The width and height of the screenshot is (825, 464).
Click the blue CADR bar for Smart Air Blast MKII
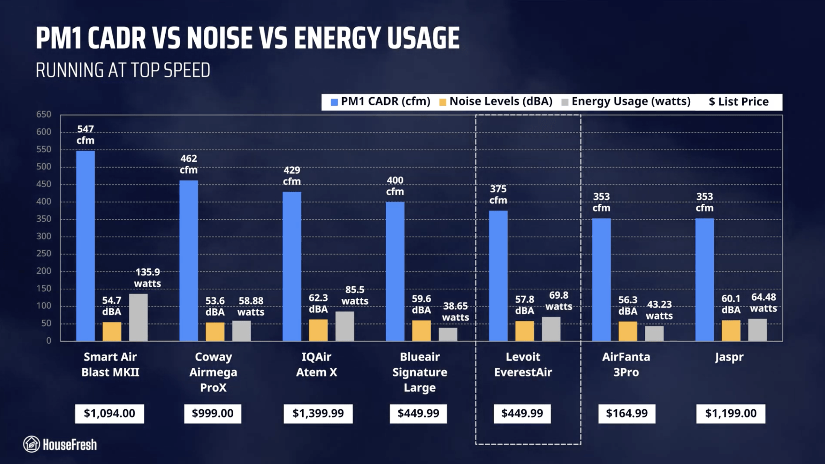85,246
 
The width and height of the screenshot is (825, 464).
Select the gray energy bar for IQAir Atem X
345,326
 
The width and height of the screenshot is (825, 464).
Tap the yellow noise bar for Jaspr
731,331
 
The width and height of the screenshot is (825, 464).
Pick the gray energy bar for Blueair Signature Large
448,334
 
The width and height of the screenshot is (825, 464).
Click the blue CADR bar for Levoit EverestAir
498,276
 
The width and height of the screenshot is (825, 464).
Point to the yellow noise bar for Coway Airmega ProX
215,332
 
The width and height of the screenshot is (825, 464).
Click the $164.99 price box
627,413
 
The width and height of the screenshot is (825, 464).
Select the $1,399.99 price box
318,413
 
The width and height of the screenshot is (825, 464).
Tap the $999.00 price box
213,413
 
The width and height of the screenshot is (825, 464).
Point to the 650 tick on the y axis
44,114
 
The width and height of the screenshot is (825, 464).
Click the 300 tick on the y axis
44,236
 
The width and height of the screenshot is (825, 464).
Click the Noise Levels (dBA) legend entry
496,101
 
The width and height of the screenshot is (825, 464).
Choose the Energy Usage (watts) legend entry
626,101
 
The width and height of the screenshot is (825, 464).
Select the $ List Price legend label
739,102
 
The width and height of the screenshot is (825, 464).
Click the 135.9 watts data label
148,278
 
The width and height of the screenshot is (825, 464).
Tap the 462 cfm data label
189,164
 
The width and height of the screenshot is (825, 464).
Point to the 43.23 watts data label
659,310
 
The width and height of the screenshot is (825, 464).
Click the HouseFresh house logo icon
32,444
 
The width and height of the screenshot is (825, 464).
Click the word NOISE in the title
220,38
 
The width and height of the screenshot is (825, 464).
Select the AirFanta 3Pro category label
626,364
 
